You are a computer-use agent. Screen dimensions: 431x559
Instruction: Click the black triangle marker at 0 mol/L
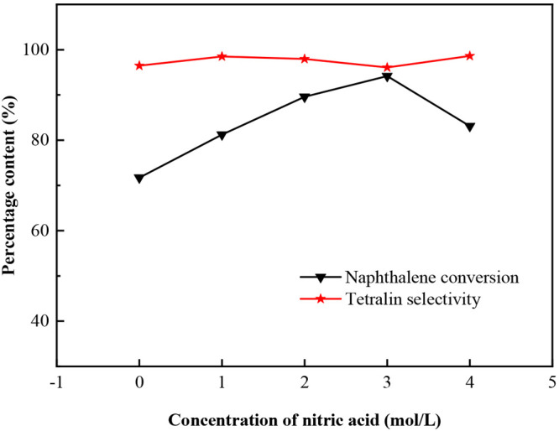[139, 179]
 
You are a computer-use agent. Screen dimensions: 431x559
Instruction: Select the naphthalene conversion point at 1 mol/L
[222, 135]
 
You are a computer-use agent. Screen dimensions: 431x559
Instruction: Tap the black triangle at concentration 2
[305, 97]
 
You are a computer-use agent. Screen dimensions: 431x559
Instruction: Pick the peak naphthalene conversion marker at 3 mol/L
[387, 77]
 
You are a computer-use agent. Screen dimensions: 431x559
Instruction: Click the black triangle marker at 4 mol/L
[470, 127]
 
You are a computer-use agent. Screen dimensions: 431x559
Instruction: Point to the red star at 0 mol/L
[139, 65]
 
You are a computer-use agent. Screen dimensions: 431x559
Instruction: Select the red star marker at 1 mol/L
[222, 56]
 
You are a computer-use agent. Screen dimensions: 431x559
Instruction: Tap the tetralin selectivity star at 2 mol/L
[305, 59]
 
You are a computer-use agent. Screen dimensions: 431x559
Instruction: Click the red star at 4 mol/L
[470, 56]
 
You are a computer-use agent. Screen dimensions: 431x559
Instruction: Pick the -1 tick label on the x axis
[56, 383]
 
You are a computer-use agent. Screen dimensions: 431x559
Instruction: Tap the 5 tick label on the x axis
[552, 383]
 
